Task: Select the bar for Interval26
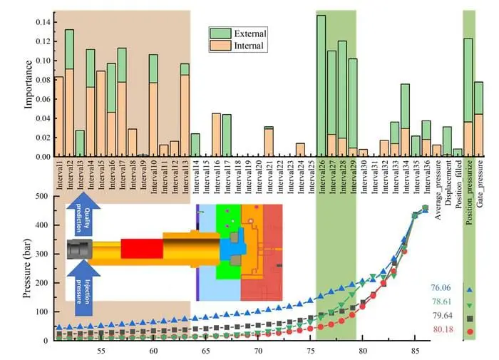pyautogui.click(x=321, y=86)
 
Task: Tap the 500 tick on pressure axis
pyautogui.click(x=43, y=196)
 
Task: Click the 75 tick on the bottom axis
pyautogui.click(x=310, y=351)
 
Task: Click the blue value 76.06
pyautogui.click(x=442, y=288)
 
